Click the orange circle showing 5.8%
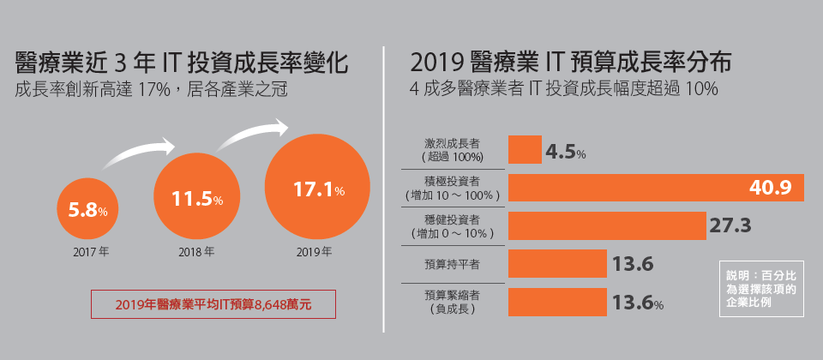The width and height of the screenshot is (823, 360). click(87, 209)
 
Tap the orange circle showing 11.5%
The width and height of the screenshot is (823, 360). click(195, 198)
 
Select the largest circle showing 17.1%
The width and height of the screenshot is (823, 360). click(317, 189)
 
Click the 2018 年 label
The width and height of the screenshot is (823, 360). click(196, 253)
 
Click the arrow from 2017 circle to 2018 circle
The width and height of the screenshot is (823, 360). click(138, 154)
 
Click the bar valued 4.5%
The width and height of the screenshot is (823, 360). click(525, 150)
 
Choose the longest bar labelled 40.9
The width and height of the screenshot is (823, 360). click(656, 188)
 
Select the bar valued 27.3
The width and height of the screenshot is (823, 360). click(607, 225)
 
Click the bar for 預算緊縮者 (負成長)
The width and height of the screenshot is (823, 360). click(557, 302)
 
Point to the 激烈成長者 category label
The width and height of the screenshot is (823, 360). click(452, 150)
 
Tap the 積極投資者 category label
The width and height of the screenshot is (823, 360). click(452, 188)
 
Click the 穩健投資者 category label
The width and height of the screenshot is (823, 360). click(452, 225)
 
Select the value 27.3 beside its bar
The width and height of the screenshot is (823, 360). click(730, 225)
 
